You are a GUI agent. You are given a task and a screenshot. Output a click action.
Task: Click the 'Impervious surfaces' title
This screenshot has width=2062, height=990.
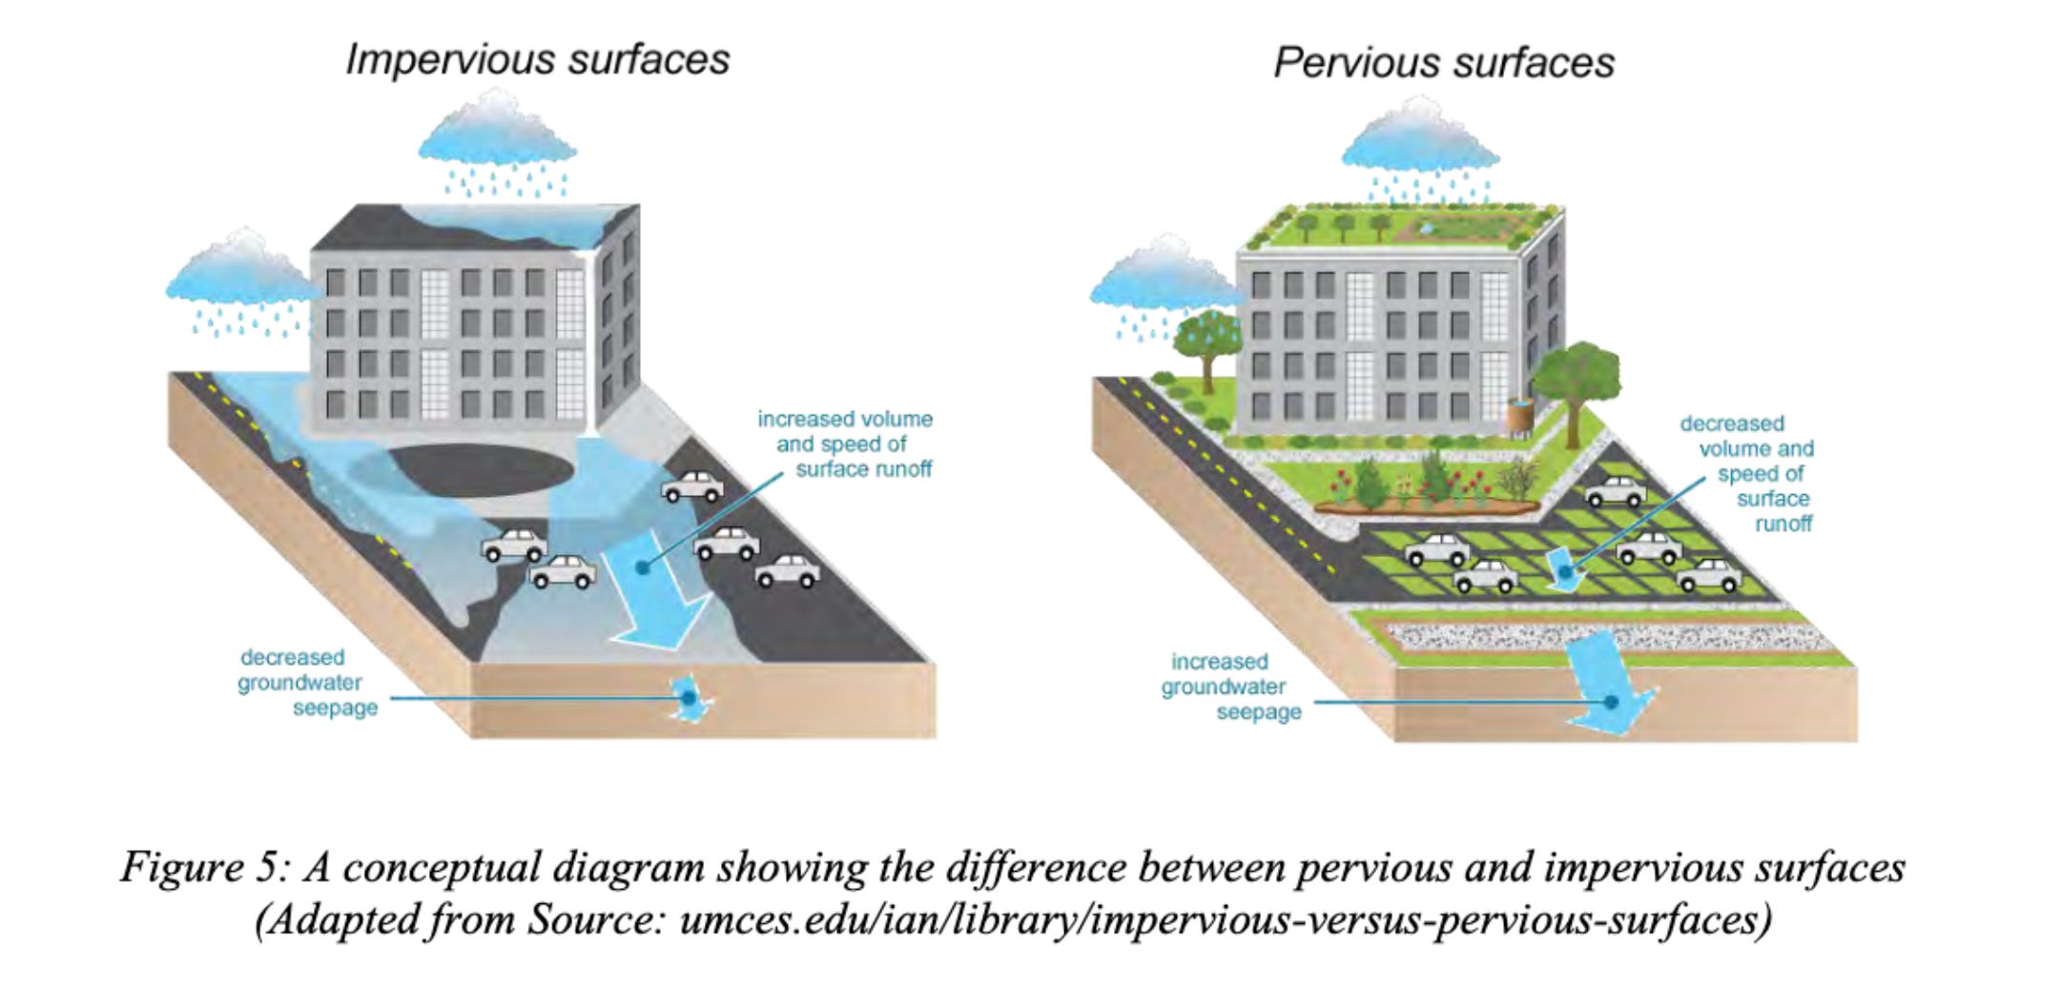click(537, 59)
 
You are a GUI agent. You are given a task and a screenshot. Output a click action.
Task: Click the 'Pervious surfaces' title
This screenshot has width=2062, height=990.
click(1443, 63)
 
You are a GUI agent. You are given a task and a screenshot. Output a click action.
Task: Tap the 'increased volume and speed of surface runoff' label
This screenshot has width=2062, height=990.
click(846, 443)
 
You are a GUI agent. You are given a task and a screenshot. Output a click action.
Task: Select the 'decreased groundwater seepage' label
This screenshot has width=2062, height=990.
click(303, 682)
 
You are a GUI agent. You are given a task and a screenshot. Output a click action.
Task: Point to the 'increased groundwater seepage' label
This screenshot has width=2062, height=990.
click(1227, 687)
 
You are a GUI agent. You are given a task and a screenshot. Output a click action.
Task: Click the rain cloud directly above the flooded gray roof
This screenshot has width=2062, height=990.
click(497, 138)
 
